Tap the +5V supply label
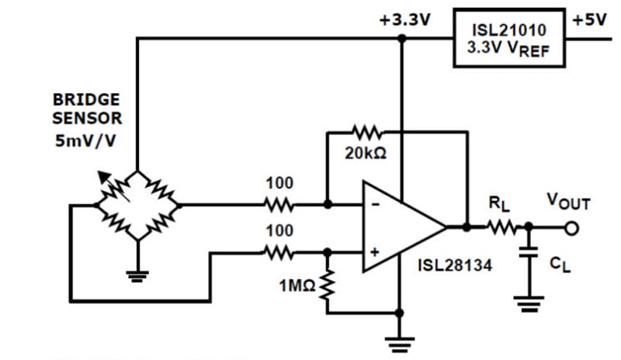589,20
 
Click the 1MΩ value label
297,286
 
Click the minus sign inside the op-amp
376,206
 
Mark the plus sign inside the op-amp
376,251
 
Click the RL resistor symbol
502,228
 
